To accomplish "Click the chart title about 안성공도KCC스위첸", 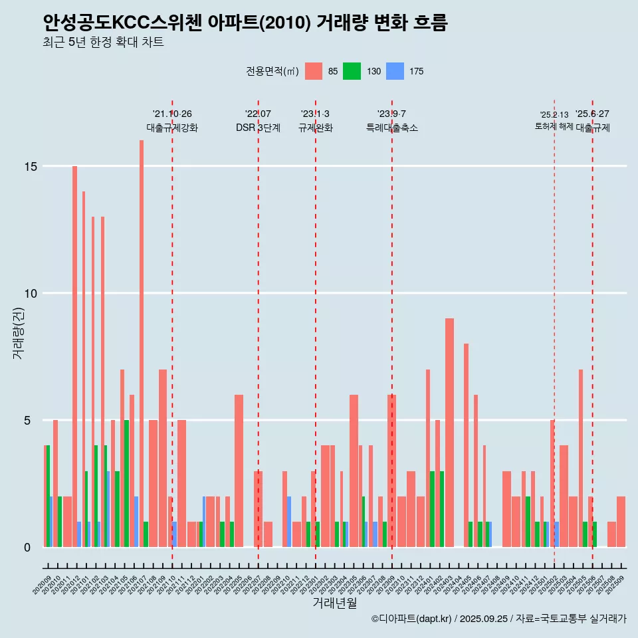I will coord(245,23).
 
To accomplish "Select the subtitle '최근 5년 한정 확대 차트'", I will coord(103,43).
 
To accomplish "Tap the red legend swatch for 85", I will coord(314,71).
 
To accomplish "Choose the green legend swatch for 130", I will coord(352,71).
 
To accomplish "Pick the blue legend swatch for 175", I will coord(395,71).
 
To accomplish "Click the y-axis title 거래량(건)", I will coord(19,332).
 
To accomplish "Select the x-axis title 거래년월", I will coord(334,603).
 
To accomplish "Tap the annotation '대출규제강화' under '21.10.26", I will coord(172,128).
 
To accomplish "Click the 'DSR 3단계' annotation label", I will coord(258,128).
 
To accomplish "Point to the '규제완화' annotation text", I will coord(315,128).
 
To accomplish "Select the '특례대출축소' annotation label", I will coord(392,128).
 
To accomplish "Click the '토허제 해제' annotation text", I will coord(554,126).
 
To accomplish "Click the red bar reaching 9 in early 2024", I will coord(449,432).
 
